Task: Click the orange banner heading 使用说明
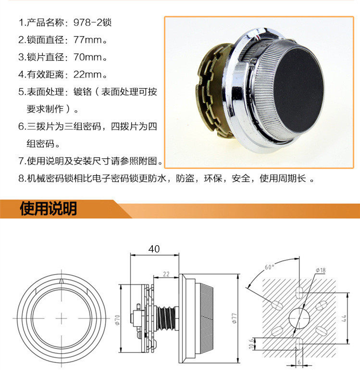point(49,209)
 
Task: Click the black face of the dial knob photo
point(298,90)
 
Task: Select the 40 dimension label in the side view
point(154,249)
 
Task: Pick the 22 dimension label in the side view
point(166,274)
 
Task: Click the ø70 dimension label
point(117,320)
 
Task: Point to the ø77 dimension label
point(234,319)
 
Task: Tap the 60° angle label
point(270,267)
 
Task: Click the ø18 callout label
point(321,270)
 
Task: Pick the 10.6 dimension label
point(251,344)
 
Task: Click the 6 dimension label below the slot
point(299,362)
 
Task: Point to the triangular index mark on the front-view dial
point(62,281)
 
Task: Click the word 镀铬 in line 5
point(82,91)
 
